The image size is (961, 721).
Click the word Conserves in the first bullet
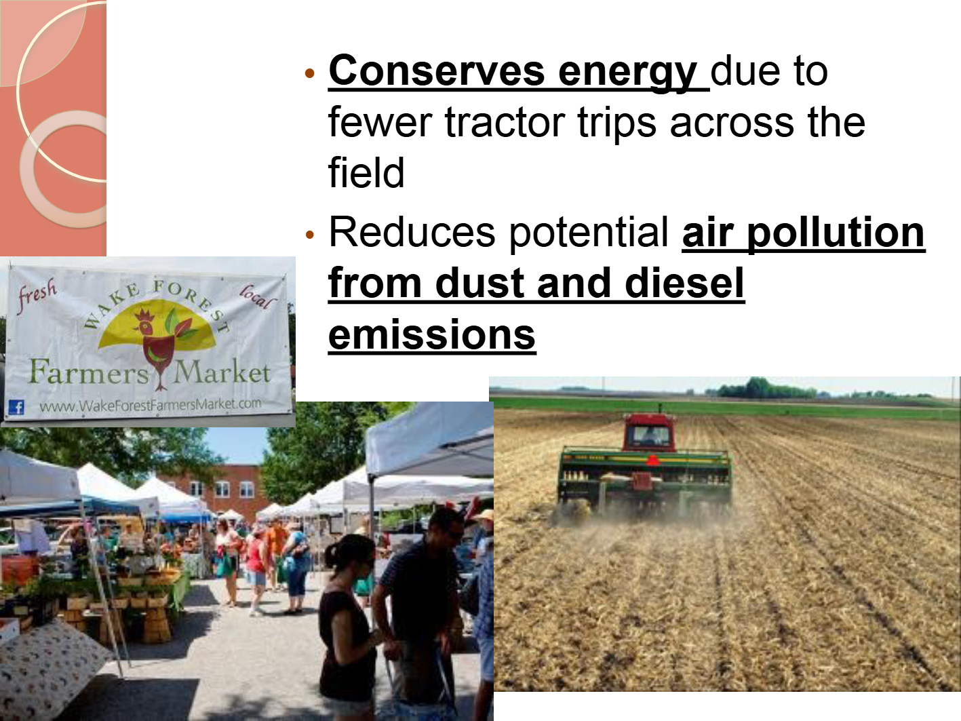click(x=437, y=71)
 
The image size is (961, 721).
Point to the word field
click(x=366, y=172)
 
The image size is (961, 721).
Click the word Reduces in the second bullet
click(x=412, y=232)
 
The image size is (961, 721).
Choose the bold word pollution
click(x=836, y=234)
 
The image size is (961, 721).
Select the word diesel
click(x=685, y=283)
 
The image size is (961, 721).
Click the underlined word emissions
click(x=432, y=335)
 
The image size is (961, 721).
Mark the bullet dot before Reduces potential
click(x=309, y=235)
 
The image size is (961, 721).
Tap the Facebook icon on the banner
click(x=17, y=408)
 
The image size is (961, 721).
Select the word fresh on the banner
click(x=38, y=295)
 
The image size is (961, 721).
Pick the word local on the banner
click(x=258, y=297)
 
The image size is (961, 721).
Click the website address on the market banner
click(x=150, y=405)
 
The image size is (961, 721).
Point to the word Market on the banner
click(x=222, y=372)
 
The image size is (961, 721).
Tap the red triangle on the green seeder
click(x=652, y=460)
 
